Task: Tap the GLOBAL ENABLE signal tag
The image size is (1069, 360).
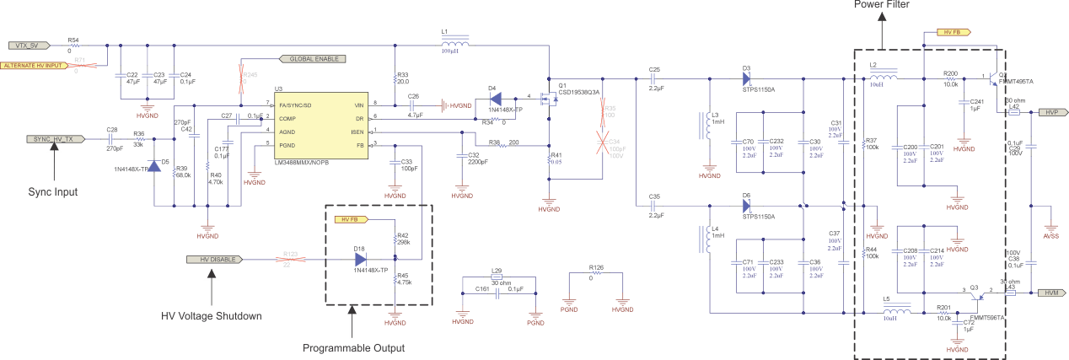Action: pos(313,60)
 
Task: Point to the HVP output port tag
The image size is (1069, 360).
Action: pos(1050,112)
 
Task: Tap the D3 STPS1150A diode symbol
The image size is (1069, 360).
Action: pos(746,78)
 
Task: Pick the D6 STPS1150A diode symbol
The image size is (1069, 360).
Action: pos(746,206)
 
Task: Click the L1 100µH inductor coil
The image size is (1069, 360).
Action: pos(455,45)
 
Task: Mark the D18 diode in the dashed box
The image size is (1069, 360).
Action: pos(361,260)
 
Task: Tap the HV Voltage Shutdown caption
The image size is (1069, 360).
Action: pos(212,316)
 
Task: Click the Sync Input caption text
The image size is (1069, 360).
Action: pos(52,191)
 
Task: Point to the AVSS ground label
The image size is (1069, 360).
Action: pos(1050,237)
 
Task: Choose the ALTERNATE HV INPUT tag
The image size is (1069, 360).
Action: pos(34,65)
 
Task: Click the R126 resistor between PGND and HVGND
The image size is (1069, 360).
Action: pos(596,274)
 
